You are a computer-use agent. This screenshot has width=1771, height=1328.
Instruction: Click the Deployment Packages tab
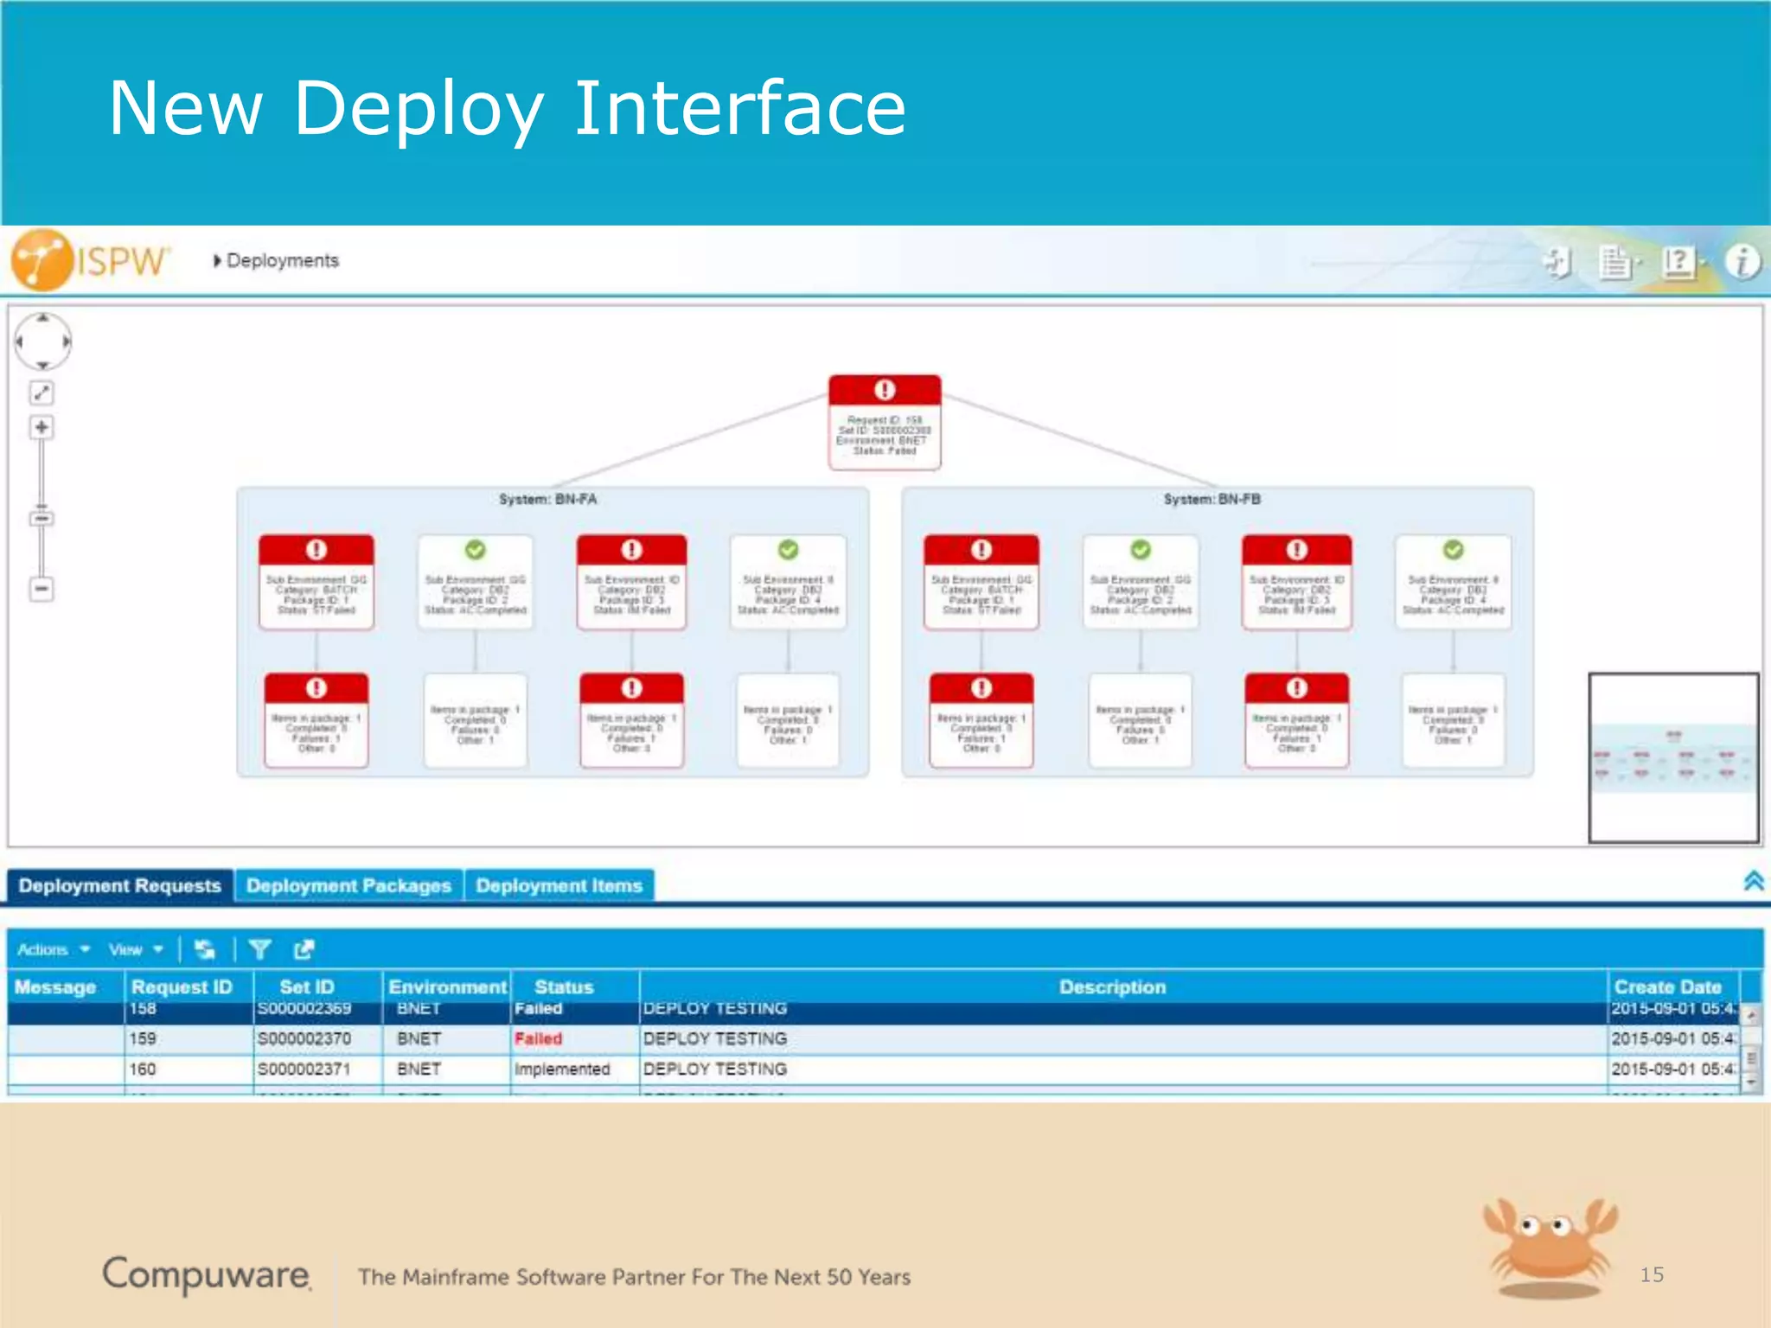point(348,886)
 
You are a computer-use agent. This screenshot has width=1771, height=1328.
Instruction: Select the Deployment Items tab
point(559,886)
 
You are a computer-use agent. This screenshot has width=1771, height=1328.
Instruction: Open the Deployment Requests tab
point(120,886)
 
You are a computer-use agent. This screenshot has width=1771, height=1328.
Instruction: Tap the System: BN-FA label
point(547,500)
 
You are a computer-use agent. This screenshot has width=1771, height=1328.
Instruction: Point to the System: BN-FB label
point(1212,500)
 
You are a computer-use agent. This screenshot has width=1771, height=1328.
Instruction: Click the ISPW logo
point(91,259)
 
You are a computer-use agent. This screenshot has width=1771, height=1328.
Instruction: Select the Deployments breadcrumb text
point(282,260)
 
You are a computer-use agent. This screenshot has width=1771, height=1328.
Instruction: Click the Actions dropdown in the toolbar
point(53,949)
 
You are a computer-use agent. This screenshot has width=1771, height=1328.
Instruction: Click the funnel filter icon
point(259,949)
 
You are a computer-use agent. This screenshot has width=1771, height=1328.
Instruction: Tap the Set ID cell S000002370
point(304,1038)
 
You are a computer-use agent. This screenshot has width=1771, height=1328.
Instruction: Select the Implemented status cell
point(562,1069)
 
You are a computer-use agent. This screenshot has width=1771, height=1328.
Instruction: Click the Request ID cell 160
point(143,1069)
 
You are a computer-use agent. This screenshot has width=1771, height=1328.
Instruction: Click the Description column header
point(1112,987)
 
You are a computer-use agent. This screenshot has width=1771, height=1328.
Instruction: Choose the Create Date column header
point(1667,987)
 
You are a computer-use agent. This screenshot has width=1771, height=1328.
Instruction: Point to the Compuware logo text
point(206,1274)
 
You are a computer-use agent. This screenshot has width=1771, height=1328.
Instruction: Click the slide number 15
point(1652,1274)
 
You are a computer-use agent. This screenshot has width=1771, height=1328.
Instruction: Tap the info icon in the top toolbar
point(1742,261)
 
